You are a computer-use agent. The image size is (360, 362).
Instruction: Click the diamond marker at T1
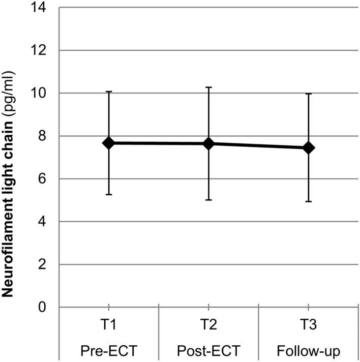(x=108, y=143)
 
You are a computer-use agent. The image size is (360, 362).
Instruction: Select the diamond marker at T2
(x=208, y=144)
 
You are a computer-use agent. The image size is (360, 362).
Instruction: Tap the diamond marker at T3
(x=308, y=148)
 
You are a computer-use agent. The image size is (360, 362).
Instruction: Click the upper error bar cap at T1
(x=108, y=92)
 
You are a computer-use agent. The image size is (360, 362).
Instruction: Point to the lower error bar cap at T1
(x=108, y=195)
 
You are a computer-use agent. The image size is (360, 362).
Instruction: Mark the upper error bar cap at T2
(x=208, y=87)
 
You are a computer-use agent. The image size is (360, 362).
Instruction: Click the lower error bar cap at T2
(x=208, y=200)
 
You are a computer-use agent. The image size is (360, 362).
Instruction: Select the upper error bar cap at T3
(x=308, y=94)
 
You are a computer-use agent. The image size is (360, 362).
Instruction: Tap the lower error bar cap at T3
(x=308, y=202)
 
